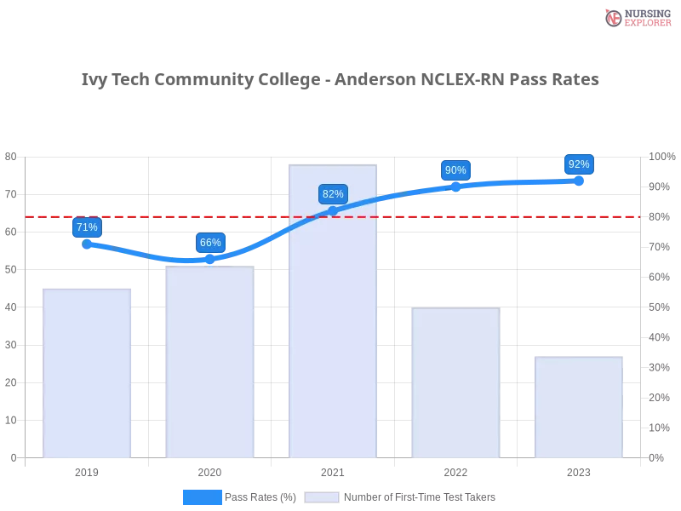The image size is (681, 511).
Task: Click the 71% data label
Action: [x=87, y=227]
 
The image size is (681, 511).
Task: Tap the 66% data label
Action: [x=210, y=243]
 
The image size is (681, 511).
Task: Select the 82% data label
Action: [x=333, y=194]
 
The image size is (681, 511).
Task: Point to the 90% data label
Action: [x=455, y=170]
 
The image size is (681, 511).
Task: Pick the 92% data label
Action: [x=579, y=164]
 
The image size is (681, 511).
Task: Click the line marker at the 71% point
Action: [x=88, y=244]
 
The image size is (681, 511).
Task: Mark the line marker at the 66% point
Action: [x=210, y=259]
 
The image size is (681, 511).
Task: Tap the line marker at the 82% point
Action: [x=333, y=210]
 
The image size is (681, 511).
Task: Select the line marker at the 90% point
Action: [x=455, y=187]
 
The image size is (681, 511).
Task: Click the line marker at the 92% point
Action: [x=579, y=181]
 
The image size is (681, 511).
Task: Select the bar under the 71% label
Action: [x=89, y=375]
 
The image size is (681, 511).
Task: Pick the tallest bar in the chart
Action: [x=334, y=341]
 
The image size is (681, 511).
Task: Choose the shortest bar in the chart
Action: [x=579, y=409]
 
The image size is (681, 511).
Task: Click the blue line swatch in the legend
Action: [x=203, y=497]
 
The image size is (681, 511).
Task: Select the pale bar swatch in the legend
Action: [x=322, y=497]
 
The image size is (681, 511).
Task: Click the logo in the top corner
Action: [x=636, y=17]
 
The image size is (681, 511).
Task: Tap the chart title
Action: [x=340, y=80]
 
